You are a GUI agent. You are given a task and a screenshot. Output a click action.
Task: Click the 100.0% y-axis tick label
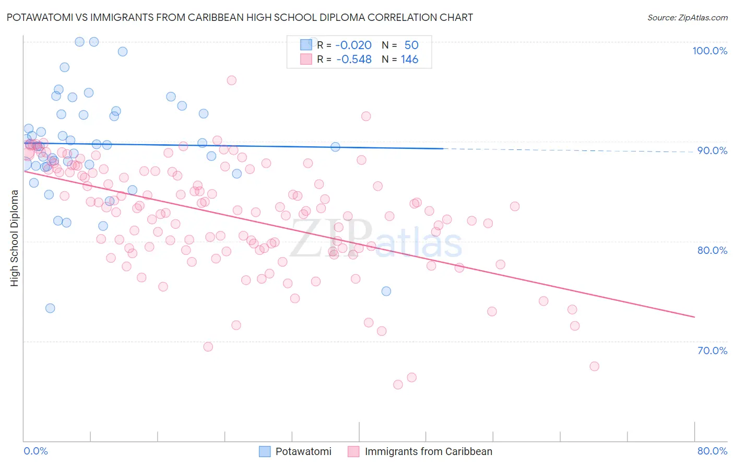pyautogui.click(x=709, y=51)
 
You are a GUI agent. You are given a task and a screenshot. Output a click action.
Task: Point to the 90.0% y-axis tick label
pyautogui.click(x=712, y=150)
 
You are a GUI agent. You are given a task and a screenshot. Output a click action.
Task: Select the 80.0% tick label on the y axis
pyautogui.click(x=712, y=250)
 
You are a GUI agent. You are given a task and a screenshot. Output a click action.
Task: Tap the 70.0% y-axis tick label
pyautogui.click(x=712, y=350)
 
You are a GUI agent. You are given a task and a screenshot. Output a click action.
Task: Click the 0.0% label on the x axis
pyautogui.click(x=35, y=451)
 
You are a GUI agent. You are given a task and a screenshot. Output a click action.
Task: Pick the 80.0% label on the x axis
pyautogui.click(x=712, y=451)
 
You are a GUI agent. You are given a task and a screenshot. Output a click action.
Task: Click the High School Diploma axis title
pyautogui.click(x=15, y=238)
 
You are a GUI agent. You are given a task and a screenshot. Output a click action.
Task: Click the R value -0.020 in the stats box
pyautogui.click(x=353, y=45)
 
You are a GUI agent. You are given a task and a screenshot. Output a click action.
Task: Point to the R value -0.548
pyautogui.click(x=353, y=60)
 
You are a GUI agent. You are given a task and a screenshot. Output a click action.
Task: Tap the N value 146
pyautogui.click(x=410, y=60)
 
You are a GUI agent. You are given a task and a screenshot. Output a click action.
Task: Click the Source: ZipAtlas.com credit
pyautogui.click(x=687, y=18)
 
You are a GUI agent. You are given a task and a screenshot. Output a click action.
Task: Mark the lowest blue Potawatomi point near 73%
pyautogui.click(x=50, y=308)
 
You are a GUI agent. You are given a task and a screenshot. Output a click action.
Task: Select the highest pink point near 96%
pyautogui.click(x=231, y=80)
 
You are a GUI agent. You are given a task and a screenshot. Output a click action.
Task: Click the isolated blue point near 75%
pyautogui.click(x=386, y=291)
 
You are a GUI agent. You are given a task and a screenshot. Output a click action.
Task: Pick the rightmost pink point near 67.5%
pyautogui.click(x=594, y=366)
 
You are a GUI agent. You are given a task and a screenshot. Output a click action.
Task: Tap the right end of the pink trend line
pyautogui.click(x=694, y=317)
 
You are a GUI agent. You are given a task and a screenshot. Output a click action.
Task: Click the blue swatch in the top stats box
pyautogui.click(x=306, y=45)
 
